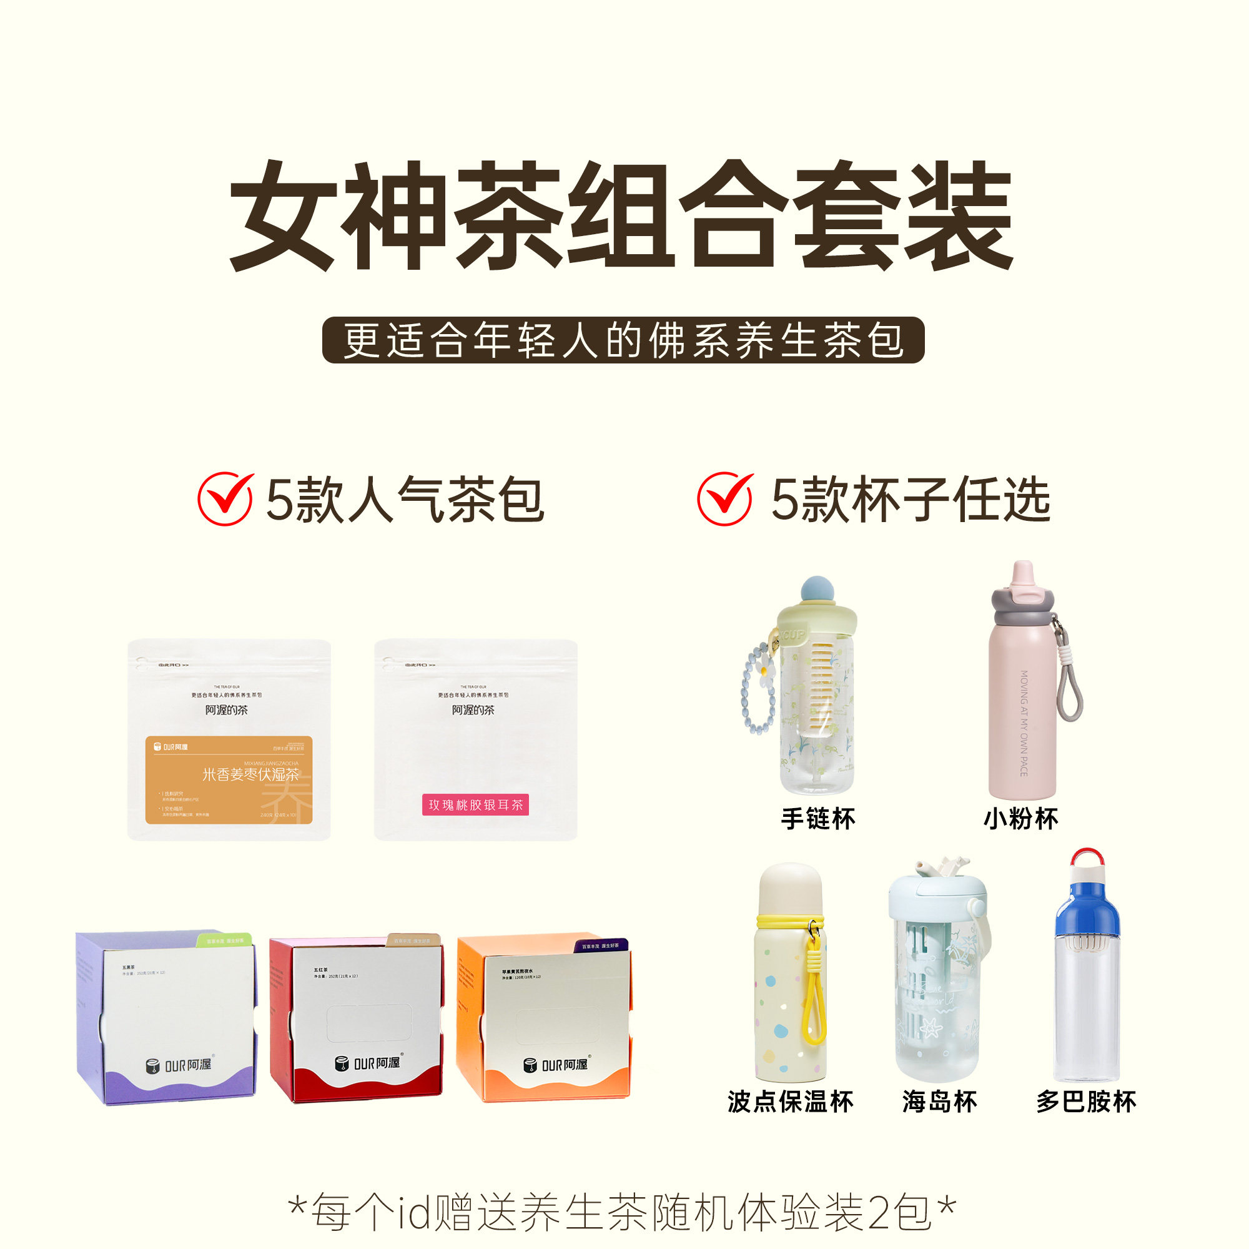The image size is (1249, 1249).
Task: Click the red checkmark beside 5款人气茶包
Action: [225, 499]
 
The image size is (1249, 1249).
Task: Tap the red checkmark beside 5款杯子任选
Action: [724, 499]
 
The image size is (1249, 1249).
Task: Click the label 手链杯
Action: [818, 819]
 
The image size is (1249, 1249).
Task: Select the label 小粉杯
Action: [1021, 819]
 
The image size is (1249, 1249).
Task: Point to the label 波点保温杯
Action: [790, 1102]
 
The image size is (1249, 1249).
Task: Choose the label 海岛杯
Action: [939, 1102]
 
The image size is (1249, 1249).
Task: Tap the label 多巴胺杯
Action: [1086, 1102]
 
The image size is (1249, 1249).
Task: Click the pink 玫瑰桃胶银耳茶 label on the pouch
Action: [475, 805]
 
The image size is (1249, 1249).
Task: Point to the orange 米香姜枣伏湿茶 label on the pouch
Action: [229, 779]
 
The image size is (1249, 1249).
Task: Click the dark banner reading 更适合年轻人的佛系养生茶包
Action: [623, 340]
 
